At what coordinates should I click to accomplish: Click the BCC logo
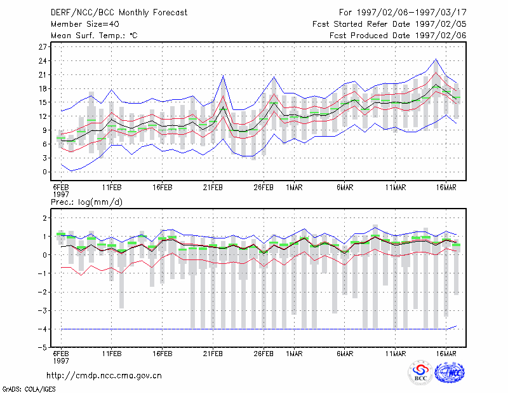click(420, 372)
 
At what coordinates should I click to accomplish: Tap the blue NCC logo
click(450, 372)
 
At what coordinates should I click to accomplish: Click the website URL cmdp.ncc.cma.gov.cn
click(104, 376)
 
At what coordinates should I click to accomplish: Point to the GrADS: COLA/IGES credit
click(29, 389)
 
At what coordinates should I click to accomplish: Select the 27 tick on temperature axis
click(43, 47)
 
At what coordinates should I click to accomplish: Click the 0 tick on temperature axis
click(44, 172)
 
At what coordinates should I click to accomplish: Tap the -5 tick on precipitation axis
click(43, 348)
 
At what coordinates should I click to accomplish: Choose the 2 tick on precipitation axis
click(44, 217)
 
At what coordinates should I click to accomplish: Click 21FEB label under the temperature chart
click(213, 188)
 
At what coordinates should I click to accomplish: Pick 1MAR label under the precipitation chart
click(294, 354)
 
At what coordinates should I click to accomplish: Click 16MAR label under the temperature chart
click(446, 188)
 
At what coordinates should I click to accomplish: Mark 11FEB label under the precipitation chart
click(112, 354)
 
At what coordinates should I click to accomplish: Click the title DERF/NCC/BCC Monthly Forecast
click(119, 13)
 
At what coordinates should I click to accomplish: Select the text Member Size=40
click(85, 24)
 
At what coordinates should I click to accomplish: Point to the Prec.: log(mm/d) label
click(86, 202)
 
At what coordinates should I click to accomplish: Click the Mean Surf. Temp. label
click(94, 36)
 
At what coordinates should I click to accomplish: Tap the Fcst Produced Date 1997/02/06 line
click(398, 36)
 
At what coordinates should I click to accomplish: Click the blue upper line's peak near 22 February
click(223, 76)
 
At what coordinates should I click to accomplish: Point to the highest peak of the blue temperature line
click(436, 59)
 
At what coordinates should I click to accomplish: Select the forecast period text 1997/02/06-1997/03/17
click(411, 13)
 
